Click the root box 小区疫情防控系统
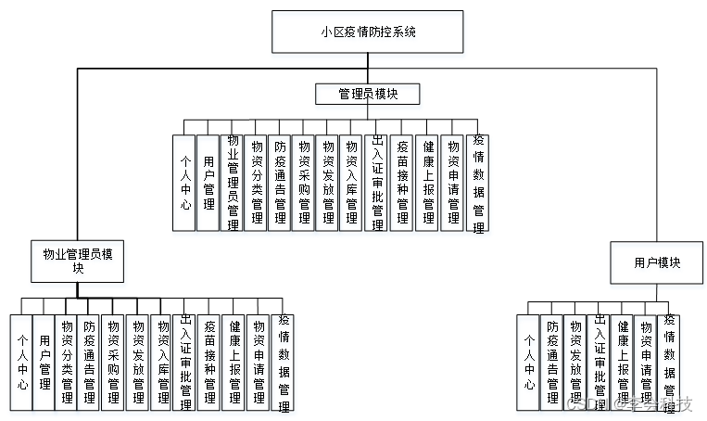tap(367, 32)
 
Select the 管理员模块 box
tap(367, 94)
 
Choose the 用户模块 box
tap(657, 263)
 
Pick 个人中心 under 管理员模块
tap(184, 182)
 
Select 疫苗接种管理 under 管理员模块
tap(402, 182)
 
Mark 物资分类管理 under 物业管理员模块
tap(66, 362)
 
